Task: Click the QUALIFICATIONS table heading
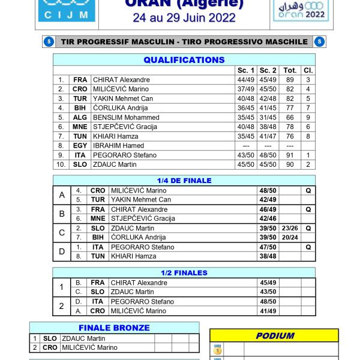[184, 60]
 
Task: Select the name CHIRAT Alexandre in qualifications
[121, 80]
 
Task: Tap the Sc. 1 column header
[245, 70]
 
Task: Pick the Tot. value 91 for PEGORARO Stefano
[290, 155]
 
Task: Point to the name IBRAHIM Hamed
[118, 146]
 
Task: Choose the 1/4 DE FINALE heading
[184, 181]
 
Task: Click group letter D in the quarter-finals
[62, 251]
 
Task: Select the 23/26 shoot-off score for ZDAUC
[290, 228]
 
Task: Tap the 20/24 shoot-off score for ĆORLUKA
[290, 238]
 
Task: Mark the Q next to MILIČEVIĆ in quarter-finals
[308, 190]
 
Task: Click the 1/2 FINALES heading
[184, 273]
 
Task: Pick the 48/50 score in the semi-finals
[268, 301]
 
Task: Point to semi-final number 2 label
[62, 306]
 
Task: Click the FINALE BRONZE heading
[115, 328]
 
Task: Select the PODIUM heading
[274, 336]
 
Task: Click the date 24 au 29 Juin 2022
[184, 19]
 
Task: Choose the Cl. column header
[308, 70]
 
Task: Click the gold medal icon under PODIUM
[218, 349]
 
